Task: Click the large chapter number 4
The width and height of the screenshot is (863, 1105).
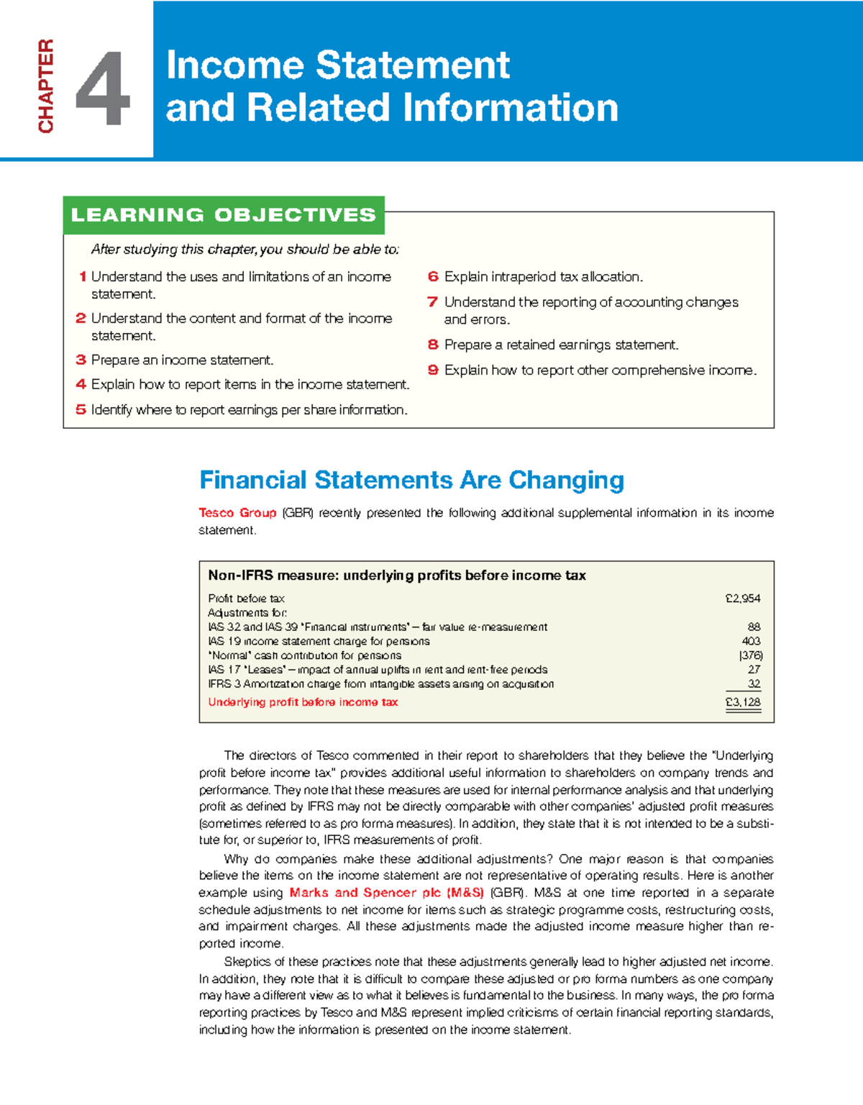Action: click(103, 88)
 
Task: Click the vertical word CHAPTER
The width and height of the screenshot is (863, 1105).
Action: click(46, 86)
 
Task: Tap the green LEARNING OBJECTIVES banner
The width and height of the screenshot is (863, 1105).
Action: click(224, 215)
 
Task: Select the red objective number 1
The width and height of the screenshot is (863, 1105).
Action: click(83, 277)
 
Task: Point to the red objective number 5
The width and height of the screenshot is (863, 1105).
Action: click(81, 410)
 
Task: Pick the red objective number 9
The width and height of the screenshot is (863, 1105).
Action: click(433, 370)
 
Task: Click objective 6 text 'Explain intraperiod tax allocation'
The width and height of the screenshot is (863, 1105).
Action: click(543, 277)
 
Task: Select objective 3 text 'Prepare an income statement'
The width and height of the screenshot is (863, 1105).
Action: click(182, 360)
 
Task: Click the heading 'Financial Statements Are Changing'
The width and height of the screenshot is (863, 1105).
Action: click(411, 480)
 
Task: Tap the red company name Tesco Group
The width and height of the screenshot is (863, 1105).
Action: click(237, 513)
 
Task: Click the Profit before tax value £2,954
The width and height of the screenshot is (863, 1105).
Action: click(743, 599)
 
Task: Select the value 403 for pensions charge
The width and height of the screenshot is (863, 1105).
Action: click(751, 641)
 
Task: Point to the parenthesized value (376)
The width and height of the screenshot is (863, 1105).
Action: click(750, 655)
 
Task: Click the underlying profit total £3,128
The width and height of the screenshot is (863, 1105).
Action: click(743, 702)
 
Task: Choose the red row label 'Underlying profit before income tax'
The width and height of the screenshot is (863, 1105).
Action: click(303, 702)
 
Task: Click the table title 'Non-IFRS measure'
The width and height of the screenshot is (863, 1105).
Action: click(273, 576)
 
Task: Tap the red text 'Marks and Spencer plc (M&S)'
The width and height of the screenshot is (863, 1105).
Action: click(386, 893)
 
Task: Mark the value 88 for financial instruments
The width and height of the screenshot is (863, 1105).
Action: click(754, 627)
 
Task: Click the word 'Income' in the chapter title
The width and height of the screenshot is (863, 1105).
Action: click(235, 65)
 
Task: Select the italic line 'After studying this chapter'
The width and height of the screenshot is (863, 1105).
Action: click(245, 250)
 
